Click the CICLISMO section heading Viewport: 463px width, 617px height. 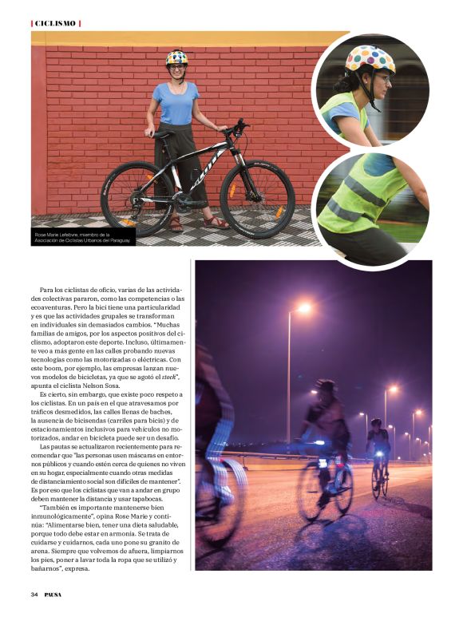tap(56, 23)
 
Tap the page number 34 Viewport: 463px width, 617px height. tap(35, 595)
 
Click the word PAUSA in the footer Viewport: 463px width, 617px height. tap(56, 595)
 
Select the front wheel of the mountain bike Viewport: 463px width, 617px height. tap(257, 199)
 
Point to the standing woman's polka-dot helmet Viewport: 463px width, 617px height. tap(176, 57)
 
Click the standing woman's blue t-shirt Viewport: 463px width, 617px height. tap(177, 103)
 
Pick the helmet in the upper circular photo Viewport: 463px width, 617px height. tap(370, 60)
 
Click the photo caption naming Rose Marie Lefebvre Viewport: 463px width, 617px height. tap(83, 237)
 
